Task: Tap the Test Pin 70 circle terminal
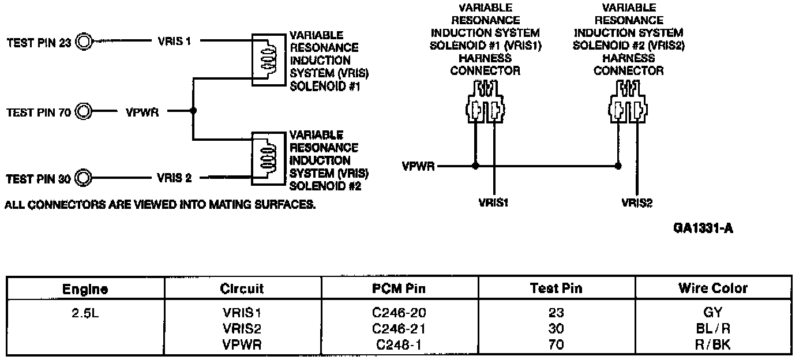[84, 111]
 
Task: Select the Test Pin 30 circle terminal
[84, 178]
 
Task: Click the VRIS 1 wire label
[174, 42]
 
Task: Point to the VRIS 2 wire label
[174, 178]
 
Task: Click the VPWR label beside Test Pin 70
[142, 111]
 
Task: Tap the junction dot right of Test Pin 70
[193, 111]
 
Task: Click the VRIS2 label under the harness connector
[637, 202]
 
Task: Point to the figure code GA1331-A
[702, 230]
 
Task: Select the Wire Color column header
[714, 288]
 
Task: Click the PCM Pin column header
[399, 288]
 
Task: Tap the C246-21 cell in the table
[399, 329]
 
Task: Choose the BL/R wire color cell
[714, 329]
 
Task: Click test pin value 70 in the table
[556, 345]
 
